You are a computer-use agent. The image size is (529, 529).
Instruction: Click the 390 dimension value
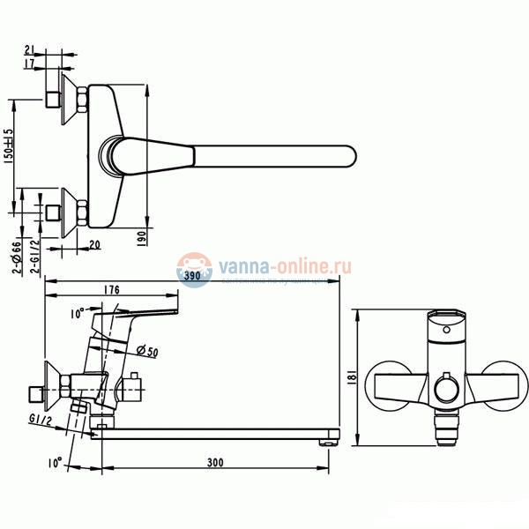(192, 276)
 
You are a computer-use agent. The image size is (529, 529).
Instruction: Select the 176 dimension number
(110, 290)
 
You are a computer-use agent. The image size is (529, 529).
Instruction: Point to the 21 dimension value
(29, 49)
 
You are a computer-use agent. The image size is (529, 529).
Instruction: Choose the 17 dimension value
(29, 63)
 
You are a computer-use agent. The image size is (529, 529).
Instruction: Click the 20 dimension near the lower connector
(94, 245)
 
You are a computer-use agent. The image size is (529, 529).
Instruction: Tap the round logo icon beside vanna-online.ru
(193, 267)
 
